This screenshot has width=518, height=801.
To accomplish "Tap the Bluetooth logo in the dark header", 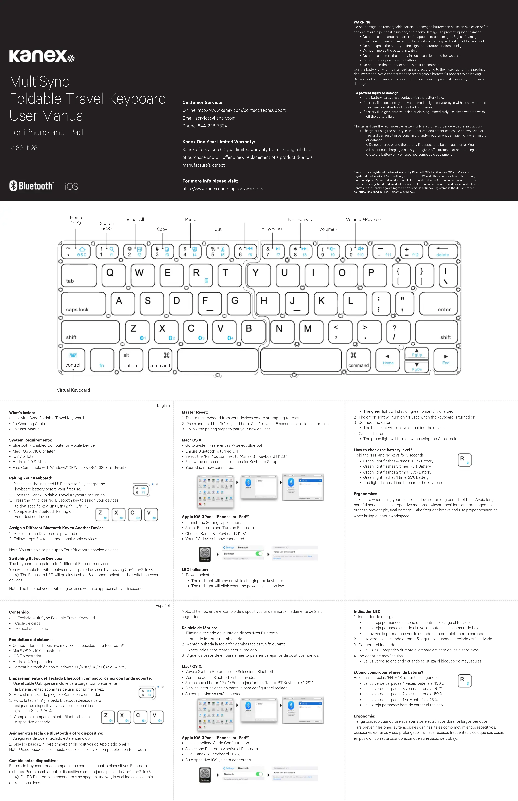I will (x=31, y=186).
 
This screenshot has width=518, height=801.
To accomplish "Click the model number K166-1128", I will (x=24, y=148).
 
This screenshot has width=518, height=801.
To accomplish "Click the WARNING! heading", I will (x=363, y=22).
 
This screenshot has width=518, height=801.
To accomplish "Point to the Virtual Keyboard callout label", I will (x=73, y=390).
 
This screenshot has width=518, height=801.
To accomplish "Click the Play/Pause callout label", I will (x=272, y=229).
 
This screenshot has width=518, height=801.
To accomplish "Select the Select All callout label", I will (x=135, y=219).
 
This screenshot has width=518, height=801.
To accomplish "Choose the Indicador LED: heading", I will (x=367, y=611).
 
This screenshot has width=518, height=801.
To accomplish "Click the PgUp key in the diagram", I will (x=417, y=354).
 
